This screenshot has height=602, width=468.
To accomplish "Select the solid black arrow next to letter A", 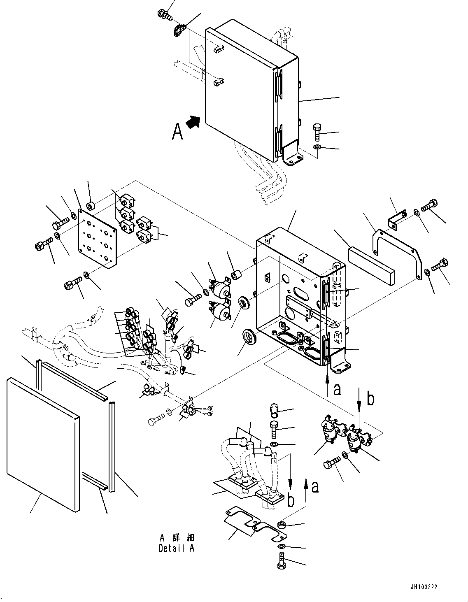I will [x=193, y=122].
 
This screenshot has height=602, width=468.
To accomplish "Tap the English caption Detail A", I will [x=177, y=549].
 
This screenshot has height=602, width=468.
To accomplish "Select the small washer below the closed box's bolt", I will [x=317, y=147].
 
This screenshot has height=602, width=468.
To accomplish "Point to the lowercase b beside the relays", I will [x=370, y=399].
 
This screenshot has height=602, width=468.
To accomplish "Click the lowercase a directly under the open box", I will [x=337, y=389].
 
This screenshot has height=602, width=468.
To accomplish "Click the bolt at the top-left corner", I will [x=163, y=14].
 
